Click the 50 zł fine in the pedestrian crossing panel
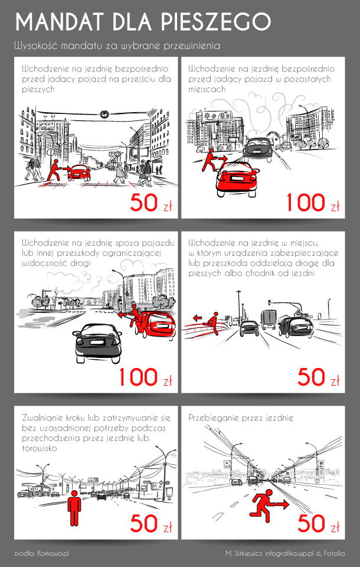point(151,203)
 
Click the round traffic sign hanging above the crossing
point(104,114)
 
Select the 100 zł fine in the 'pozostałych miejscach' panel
point(313,203)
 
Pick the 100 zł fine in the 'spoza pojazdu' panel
point(145,377)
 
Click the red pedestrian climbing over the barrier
point(211,323)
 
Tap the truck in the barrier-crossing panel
point(269,320)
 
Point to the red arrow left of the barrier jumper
point(197,318)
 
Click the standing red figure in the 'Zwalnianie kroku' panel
point(74,508)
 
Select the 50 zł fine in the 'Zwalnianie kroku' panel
point(151,523)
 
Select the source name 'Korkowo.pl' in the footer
point(53,553)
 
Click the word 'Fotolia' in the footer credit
point(335,553)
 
